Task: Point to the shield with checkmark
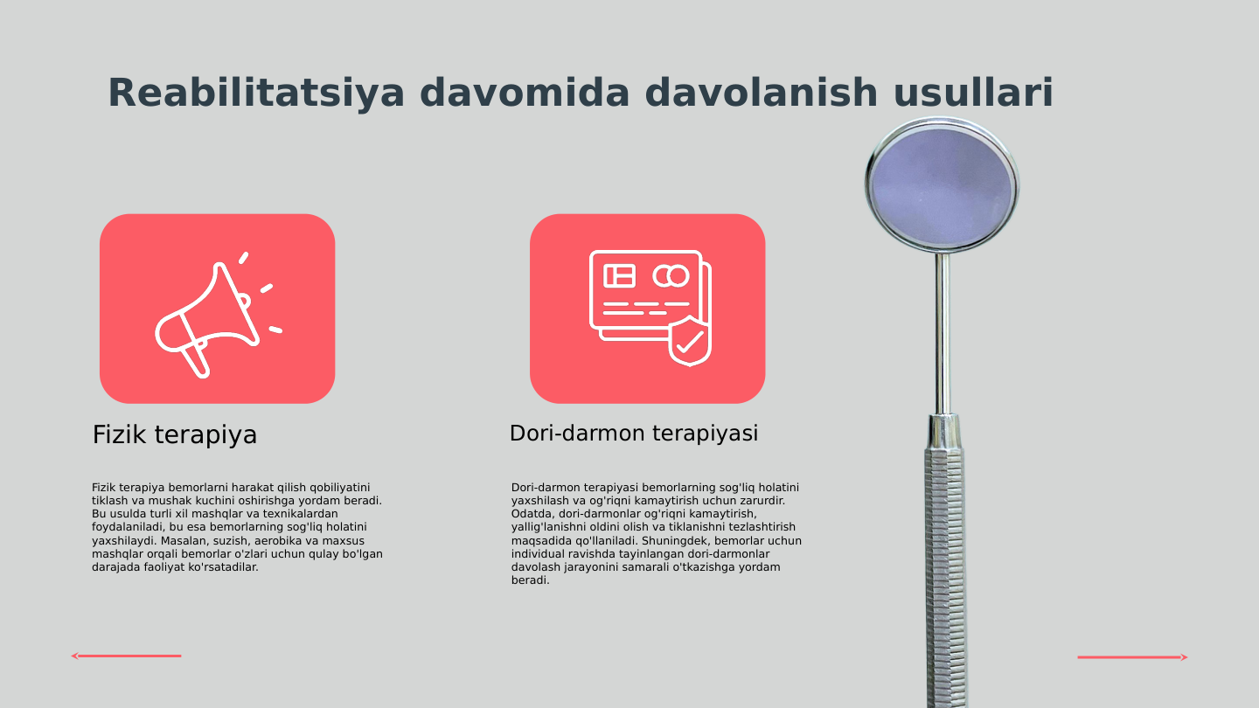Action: click(690, 342)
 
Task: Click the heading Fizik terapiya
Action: click(175, 434)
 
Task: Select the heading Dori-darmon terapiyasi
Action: click(634, 433)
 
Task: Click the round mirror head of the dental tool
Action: click(942, 186)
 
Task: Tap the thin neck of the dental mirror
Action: click(943, 332)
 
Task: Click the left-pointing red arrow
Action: click(126, 656)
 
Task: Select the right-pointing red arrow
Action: click(1132, 657)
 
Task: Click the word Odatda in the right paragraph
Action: click(532, 514)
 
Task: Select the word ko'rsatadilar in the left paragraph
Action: click(223, 567)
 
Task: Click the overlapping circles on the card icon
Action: click(671, 276)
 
